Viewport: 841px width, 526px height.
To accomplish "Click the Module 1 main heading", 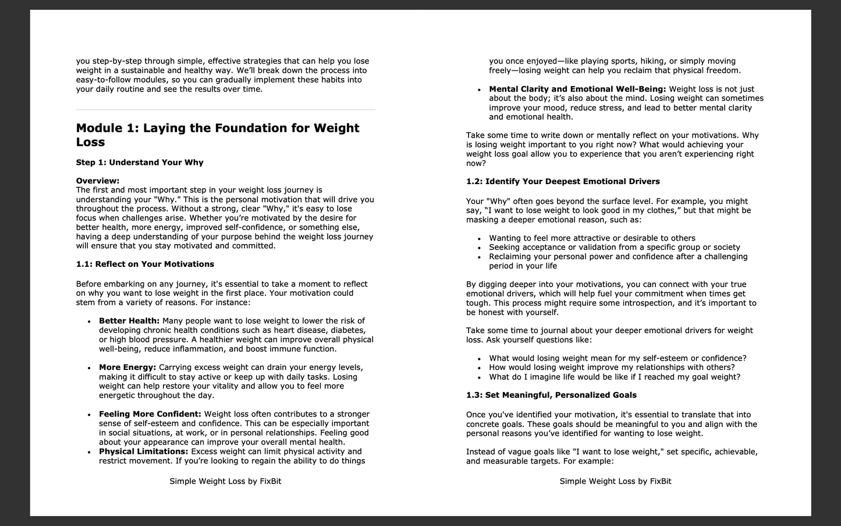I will coord(218,135).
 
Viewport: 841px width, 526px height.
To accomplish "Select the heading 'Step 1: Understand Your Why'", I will coord(140,163).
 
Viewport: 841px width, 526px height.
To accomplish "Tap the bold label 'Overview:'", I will coord(98,181).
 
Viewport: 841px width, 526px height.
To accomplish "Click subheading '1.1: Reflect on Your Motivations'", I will coord(145,264).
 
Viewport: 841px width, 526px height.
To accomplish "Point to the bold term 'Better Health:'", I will coord(129,321).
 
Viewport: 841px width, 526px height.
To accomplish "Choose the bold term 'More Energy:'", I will coord(127,368).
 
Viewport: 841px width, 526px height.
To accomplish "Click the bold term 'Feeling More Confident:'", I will coord(150,414).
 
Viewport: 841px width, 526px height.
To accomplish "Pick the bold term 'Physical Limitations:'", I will coord(144,451).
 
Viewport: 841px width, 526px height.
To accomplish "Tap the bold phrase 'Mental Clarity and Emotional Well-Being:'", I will coord(577,89).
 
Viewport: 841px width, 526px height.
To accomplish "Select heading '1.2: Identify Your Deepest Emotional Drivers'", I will coord(563,182).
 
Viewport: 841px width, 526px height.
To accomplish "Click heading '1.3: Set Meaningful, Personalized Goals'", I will coord(551,395).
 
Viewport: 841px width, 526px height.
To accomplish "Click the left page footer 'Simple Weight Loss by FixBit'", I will coord(225,481).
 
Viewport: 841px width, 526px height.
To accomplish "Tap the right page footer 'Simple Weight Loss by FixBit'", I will coord(615,481).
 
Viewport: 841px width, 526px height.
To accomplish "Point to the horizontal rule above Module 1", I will coord(225,110).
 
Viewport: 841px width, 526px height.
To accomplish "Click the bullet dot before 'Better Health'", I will coord(89,322).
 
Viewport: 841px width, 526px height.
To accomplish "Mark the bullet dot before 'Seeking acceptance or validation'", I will coord(479,248).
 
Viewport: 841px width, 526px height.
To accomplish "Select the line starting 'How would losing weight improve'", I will coord(612,368).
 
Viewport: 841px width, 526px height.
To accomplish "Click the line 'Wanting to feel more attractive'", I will coord(592,238).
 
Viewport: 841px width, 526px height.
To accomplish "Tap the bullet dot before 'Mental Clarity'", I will coord(479,90).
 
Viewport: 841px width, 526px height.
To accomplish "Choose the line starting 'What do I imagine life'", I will coord(615,377).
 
